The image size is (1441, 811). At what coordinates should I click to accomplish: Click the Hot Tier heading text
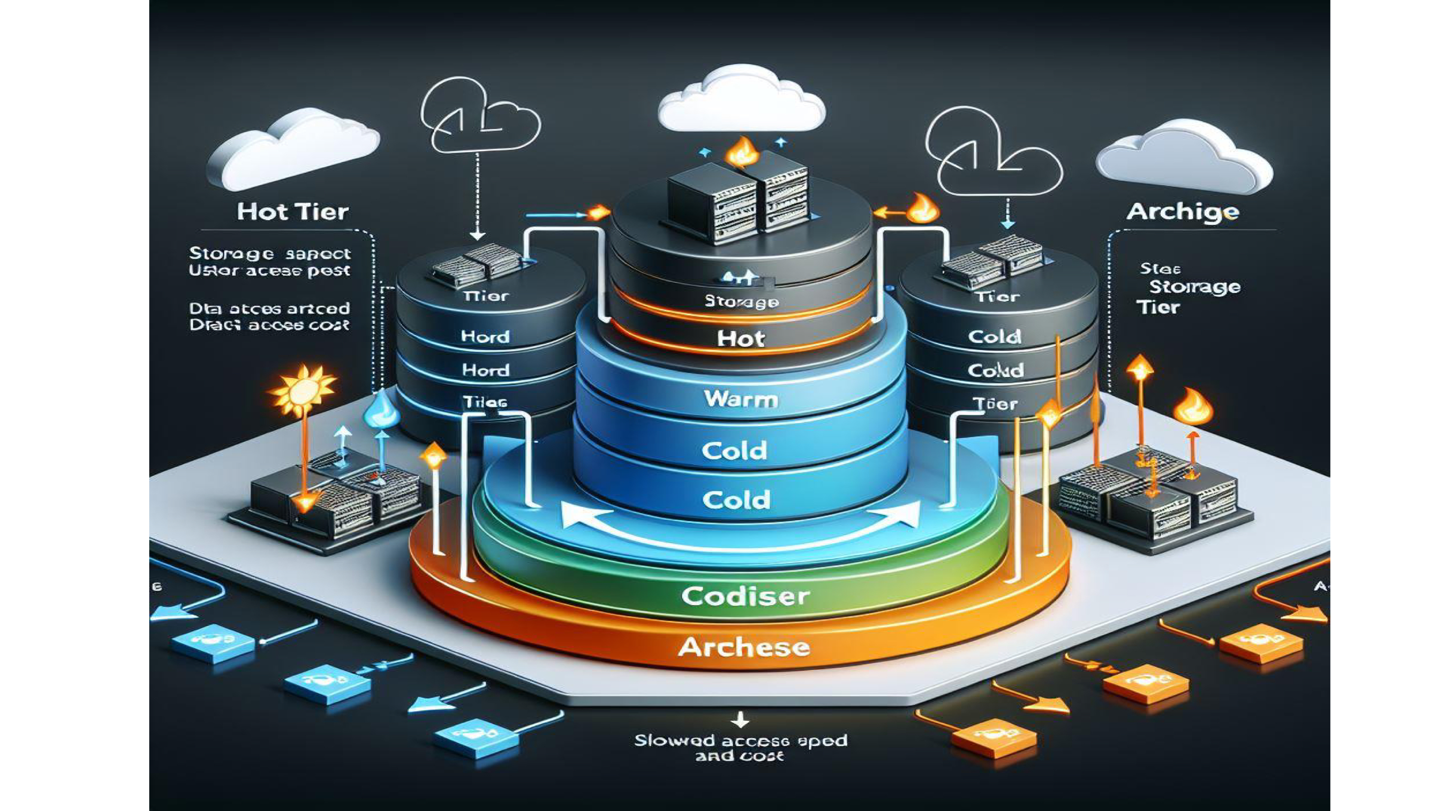pos(293,212)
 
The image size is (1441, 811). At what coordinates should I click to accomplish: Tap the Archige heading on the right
pos(1182,212)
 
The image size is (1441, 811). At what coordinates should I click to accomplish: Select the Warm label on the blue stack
pos(741,399)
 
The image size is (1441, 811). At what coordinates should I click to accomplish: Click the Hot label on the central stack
pos(741,338)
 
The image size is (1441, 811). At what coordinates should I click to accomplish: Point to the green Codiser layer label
pos(745,596)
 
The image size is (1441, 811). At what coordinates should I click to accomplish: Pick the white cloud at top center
pos(741,101)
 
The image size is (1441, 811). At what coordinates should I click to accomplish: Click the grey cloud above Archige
pos(1183,157)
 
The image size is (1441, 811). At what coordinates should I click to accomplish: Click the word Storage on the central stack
pos(741,302)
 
